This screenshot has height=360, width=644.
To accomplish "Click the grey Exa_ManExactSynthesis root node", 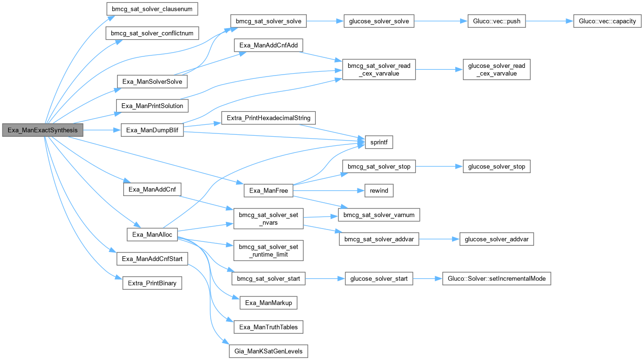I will tap(43, 130).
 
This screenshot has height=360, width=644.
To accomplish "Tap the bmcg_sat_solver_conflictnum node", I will tap(151, 33).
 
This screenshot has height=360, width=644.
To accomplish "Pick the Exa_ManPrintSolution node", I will tap(152, 106).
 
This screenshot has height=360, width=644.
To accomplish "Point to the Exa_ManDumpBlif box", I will tap(152, 130).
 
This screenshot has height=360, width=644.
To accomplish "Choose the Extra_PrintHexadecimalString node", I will tap(268, 118).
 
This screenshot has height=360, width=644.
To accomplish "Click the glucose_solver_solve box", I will tap(378, 22).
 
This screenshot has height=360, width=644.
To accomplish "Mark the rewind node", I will tap(378, 190).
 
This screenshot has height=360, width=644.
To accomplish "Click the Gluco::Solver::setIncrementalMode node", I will tap(497, 278).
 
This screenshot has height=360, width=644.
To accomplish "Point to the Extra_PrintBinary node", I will tap(152, 283).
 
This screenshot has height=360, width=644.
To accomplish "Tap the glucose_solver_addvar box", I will tap(496, 239).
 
